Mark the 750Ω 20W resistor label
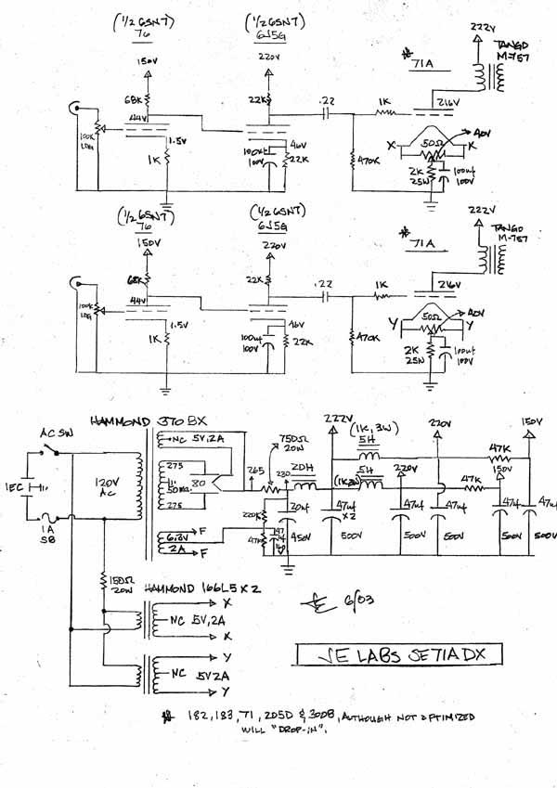click(294, 445)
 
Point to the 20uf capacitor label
click(301, 507)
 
